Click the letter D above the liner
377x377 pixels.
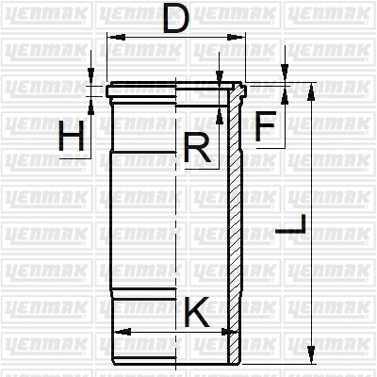point(174,19)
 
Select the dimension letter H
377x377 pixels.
point(71,139)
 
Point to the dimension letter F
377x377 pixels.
point(267,125)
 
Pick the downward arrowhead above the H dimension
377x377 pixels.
point(91,80)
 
